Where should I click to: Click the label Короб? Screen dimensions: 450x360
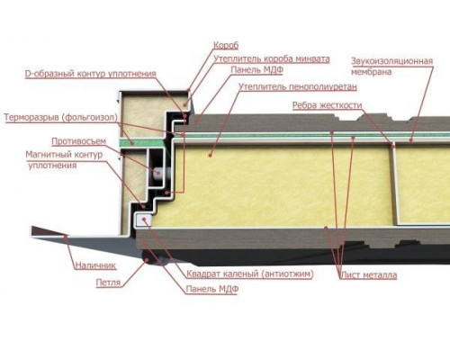[x=226, y=45]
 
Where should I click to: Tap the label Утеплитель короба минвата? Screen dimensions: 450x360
[x=272, y=58]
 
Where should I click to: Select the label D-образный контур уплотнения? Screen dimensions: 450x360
[x=90, y=74]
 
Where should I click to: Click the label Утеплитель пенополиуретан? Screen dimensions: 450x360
[x=298, y=86]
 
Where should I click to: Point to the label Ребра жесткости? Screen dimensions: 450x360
[x=328, y=105]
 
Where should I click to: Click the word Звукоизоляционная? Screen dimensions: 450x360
[x=392, y=61]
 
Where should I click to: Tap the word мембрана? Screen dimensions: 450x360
[x=372, y=72]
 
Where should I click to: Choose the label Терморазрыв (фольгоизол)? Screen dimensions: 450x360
[x=60, y=117]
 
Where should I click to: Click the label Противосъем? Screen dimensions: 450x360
[x=79, y=141]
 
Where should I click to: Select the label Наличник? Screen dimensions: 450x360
[x=95, y=265]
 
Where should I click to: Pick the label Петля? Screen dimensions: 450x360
[x=108, y=283]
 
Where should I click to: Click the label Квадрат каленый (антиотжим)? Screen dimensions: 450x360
[x=250, y=274]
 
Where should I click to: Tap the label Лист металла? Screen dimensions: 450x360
[x=369, y=275]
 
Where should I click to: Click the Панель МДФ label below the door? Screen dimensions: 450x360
[x=212, y=289]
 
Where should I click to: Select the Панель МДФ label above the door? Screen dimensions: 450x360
[x=257, y=70]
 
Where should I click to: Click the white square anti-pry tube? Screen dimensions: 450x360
[x=144, y=220]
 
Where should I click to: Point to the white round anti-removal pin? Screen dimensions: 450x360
[x=158, y=174]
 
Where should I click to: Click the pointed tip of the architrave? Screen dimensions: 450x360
[x=32, y=230]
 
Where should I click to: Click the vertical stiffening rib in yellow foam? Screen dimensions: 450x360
[x=395, y=184]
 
